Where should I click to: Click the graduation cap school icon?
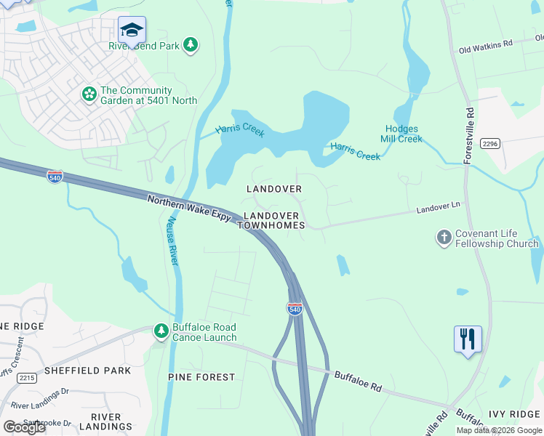click(132, 30)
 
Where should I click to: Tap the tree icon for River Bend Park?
click(191, 45)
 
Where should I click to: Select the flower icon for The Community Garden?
click(89, 94)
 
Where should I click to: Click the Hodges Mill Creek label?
click(401, 134)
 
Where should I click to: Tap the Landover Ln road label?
click(439, 208)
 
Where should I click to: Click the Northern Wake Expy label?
click(189, 209)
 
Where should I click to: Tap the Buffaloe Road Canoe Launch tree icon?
click(161, 331)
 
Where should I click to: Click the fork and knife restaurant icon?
click(468, 339)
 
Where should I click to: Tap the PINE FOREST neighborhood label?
click(201, 376)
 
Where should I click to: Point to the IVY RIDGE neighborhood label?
click(514, 413)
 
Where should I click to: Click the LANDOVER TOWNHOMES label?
click(271, 221)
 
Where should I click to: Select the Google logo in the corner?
click(24, 427)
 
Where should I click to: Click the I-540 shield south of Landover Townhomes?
click(295, 309)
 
